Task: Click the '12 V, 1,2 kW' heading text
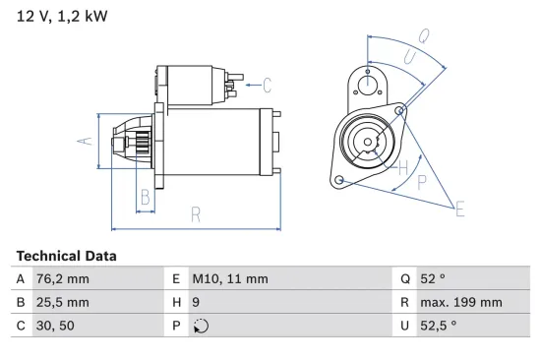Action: [x=60, y=16]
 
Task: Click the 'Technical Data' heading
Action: [x=66, y=256]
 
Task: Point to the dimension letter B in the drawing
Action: [x=145, y=197]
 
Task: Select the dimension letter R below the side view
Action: [x=196, y=213]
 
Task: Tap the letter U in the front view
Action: [x=408, y=60]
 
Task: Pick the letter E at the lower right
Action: [x=458, y=207]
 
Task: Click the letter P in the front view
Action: [x=421, y=181]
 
